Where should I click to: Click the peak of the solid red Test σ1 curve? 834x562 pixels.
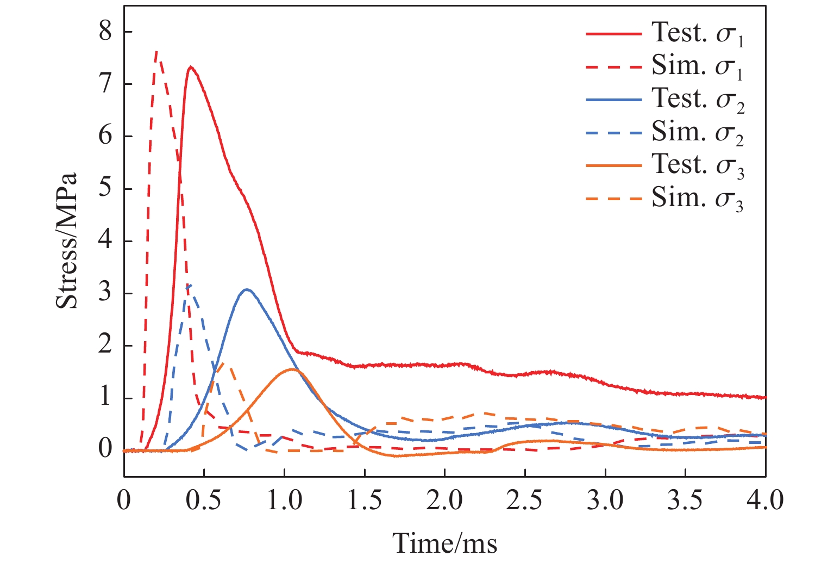click(191, 67)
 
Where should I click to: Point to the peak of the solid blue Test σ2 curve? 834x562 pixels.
click(247, 289)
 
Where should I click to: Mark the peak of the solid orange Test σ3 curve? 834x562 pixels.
click(292, 369)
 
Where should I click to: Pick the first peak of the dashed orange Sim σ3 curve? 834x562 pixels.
click(224, 363)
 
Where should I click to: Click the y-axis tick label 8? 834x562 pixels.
click(105, 32)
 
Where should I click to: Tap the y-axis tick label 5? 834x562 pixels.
click(105, 188)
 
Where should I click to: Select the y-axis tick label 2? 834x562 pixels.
click(105, 345)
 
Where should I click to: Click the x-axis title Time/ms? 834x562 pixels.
click(444, 542)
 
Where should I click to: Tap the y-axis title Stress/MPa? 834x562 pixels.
click(67, 241)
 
